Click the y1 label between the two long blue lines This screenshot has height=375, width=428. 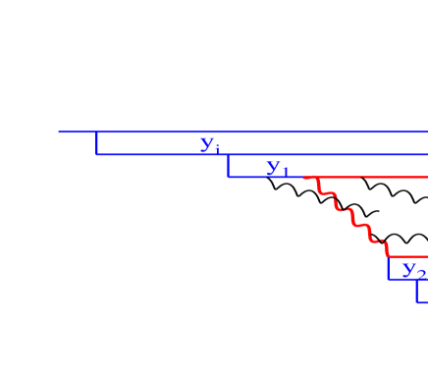tap(210, 144)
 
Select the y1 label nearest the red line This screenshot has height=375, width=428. tap(278, 168)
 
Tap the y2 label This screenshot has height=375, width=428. tap(414, 270)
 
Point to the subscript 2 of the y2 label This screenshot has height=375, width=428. tap(422, 274)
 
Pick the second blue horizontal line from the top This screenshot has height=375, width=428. tap(294, 154)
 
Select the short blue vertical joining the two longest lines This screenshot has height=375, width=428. tap(96, 142)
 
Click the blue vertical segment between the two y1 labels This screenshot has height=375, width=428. tap(228, 165)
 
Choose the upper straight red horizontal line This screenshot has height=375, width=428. tap(373, 178)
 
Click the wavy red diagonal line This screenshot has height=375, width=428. tap(348, 214)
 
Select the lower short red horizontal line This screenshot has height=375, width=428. tap(408, 256)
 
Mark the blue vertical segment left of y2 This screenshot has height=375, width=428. tap(389, 268)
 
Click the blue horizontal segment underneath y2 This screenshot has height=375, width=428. tap(404, 280)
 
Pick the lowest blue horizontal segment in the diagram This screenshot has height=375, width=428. tap(422, 302)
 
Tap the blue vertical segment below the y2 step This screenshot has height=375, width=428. tap(417, 291)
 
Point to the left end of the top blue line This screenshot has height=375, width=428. tap(59, 132)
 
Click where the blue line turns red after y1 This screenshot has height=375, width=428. tap(305, 178)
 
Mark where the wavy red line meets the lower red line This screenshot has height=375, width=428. tap(389, 255)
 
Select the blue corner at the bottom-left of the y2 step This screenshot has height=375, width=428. tap(389, 280)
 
